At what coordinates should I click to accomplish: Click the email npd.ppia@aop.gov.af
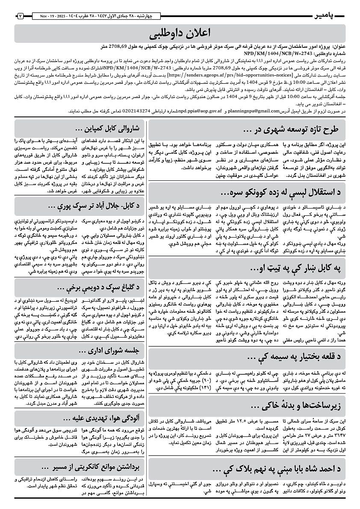[x=200, y=111]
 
